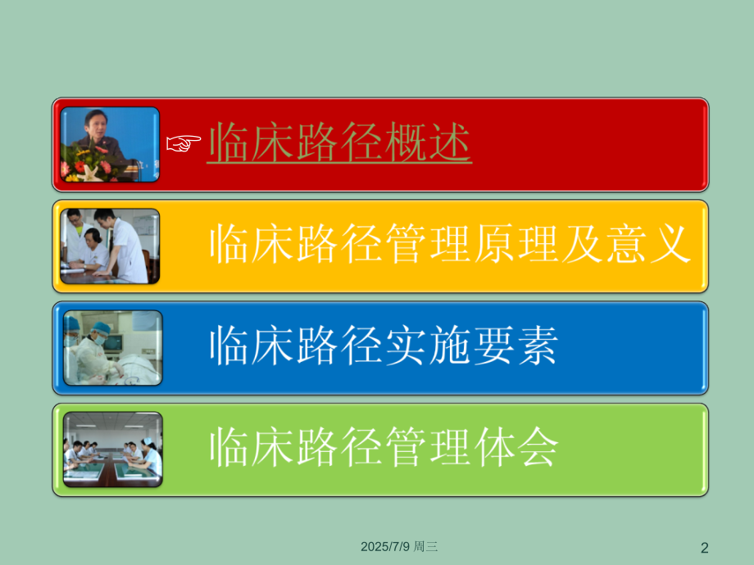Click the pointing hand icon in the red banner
pyautogui.click(x=184, y=144)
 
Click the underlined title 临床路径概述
pyautogui.click(x=339, y=144)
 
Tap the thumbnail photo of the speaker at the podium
pyautogui.click(x=110, y=144)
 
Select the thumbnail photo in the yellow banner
pyautogui.click(x=110, y=246)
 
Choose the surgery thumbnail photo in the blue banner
pyautogui.click(x=112, y=347)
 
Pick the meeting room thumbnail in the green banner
pyautogui.click(x=112, y=449)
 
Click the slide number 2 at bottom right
pyautogui.click(x=704, y=546)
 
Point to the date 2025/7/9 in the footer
pyautogui.click(x=387, y=545)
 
